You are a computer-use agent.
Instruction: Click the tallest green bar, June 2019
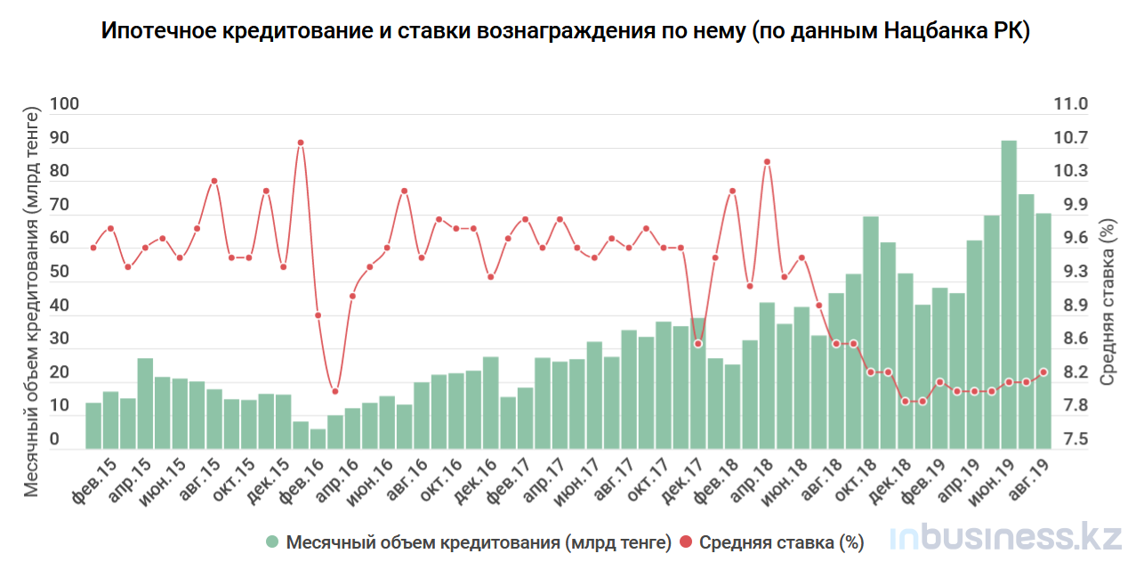click(1009, 294)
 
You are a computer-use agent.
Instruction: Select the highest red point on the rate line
click(301, 142)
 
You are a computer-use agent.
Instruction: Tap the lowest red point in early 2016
click(335, 391)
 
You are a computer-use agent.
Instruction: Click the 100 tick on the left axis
click(65, 104)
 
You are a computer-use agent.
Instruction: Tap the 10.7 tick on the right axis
click(1070, 138)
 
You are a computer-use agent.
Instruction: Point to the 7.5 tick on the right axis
click(1070, 440)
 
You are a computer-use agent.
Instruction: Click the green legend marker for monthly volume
click(273, 541)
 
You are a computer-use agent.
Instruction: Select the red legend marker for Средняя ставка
click(686, 541)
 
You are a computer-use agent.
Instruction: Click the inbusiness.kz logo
click(993, 537)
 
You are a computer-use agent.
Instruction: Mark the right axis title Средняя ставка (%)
click(1107, 303)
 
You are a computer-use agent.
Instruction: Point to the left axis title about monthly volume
click(32, 303)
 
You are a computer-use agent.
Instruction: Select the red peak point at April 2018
click(767, 162)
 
